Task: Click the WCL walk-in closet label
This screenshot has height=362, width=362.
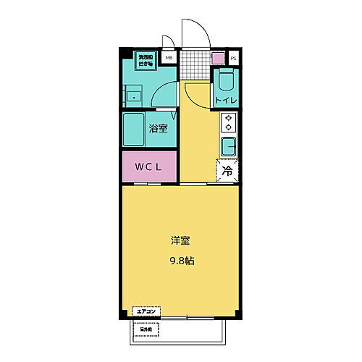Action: point(148,167)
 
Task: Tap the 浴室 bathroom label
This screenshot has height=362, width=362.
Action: point(159,130)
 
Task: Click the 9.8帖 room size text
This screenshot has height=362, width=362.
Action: point(180,258)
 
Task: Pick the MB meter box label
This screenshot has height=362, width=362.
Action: point(169,58)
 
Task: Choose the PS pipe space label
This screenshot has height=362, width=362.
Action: point(233,58)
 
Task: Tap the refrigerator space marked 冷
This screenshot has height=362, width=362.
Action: point(227,171)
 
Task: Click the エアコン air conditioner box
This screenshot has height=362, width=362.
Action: point(148,312)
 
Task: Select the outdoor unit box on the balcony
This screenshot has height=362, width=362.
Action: point(148,329)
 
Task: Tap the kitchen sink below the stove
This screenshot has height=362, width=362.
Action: point(229,146)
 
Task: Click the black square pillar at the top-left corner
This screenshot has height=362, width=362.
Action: point(125,52)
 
